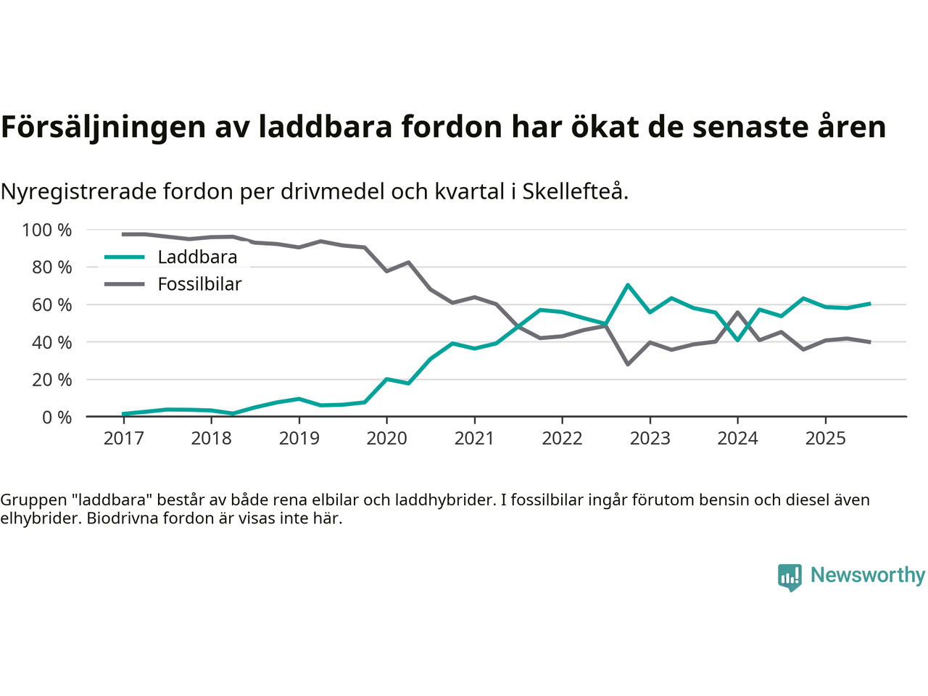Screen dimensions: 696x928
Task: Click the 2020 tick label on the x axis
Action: pos(386,438)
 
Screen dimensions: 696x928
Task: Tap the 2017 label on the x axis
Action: pos(123,438)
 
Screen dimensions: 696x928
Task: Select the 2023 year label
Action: pos(650,438)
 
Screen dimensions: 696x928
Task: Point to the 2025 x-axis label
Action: pos(825,438)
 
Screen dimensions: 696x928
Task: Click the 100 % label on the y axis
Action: pos(47,230)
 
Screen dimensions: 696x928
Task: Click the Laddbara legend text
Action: pos(197,257)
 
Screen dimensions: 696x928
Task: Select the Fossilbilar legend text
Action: pos(199,284)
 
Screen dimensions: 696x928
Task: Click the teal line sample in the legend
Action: pos(125,257)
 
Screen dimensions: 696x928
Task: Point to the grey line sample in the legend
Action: pos(125,284)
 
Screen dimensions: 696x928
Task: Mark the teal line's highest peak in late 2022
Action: pos(628,285)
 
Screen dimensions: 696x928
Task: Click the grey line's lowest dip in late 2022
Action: pos(628,364)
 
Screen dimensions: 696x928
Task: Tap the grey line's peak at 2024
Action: pos(737,312)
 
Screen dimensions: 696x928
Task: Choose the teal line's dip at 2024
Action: pos(737,340)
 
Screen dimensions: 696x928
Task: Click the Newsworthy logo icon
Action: pos(790,577)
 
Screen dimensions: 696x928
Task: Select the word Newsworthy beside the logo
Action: pos(868,575)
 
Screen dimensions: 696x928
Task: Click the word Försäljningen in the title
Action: pos(104,127)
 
